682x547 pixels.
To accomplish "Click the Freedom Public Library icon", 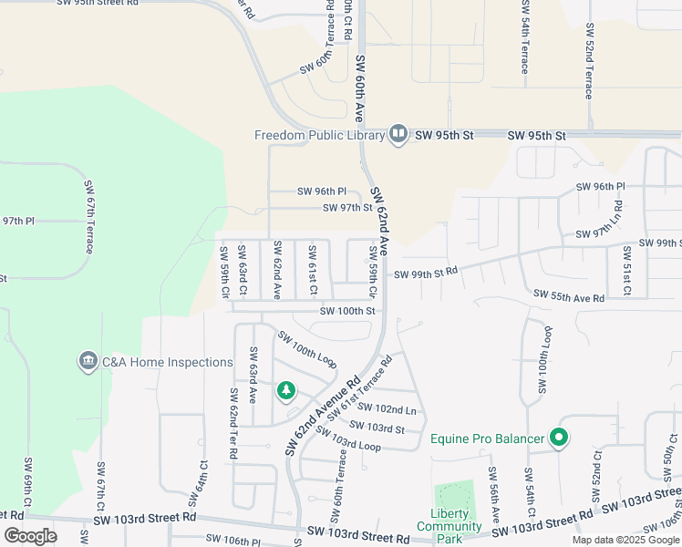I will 398,135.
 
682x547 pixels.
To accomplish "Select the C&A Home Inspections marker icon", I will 88,362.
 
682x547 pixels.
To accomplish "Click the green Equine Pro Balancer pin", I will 559,439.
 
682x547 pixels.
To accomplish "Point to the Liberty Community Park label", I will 449,526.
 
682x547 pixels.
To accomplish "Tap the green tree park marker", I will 286,391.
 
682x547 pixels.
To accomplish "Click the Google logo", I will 30,536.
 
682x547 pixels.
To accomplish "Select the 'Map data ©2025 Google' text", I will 625,540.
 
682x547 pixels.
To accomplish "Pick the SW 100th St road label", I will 347,311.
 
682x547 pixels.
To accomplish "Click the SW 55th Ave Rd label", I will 569,297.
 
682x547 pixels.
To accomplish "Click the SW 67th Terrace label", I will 91,209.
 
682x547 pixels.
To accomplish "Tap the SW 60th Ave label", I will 359,88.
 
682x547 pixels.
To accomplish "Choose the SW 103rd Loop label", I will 350,442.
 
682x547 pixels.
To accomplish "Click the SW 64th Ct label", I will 198,483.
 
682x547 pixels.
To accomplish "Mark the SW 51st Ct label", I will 626,269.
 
